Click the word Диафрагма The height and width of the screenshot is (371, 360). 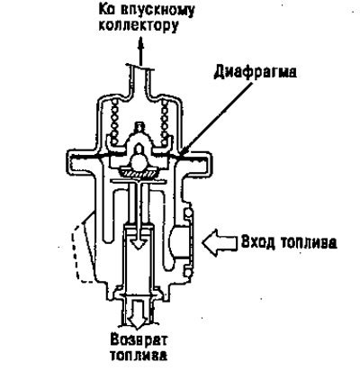256,72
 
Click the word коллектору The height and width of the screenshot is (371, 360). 139,26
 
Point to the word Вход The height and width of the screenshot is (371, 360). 257,242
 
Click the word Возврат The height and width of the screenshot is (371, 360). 139,340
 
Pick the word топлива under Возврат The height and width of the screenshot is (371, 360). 138,356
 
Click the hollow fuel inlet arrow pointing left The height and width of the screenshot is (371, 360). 219,242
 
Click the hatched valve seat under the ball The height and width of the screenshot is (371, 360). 139,172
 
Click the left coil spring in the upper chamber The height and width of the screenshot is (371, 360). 115,122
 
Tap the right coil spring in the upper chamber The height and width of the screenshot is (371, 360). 165,122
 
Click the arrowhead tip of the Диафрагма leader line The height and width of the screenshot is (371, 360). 182,156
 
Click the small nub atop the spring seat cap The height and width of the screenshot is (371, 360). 139,126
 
